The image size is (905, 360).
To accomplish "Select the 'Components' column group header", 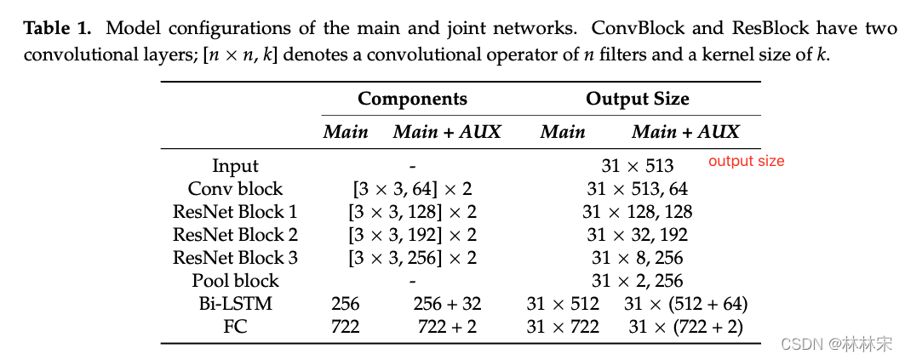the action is (x=412, y=99).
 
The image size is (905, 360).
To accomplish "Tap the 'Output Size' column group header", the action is (x=637, y=99).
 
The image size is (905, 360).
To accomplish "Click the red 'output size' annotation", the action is (x=746, y=161).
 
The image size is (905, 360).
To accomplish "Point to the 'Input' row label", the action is (x=235, y=166).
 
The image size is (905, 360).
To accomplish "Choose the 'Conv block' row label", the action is (x=235, y=189).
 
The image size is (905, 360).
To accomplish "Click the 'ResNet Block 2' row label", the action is (x=235, y=235).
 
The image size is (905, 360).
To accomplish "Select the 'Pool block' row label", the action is (x=235, y=280).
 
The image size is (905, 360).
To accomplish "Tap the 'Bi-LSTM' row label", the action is (x=235, y=303).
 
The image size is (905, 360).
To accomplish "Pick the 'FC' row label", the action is (x=235, y=326).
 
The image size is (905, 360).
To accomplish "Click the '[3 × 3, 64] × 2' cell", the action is (x=412, y=189).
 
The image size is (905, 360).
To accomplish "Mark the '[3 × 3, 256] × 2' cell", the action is (x=412, y=257).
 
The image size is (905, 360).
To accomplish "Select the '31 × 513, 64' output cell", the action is (x=637, y=189).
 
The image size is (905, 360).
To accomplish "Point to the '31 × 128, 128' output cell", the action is (x=637, y=212).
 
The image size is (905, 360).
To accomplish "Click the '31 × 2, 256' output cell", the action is (x=637, y=280).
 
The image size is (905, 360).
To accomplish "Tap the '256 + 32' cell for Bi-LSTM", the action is (x=447, y=303).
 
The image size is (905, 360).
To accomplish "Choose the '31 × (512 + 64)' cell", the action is (x=685, y=303).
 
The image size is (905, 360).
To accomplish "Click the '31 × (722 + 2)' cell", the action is (x=685, y=326).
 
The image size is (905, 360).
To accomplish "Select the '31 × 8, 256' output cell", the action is (x=637, y=257).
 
